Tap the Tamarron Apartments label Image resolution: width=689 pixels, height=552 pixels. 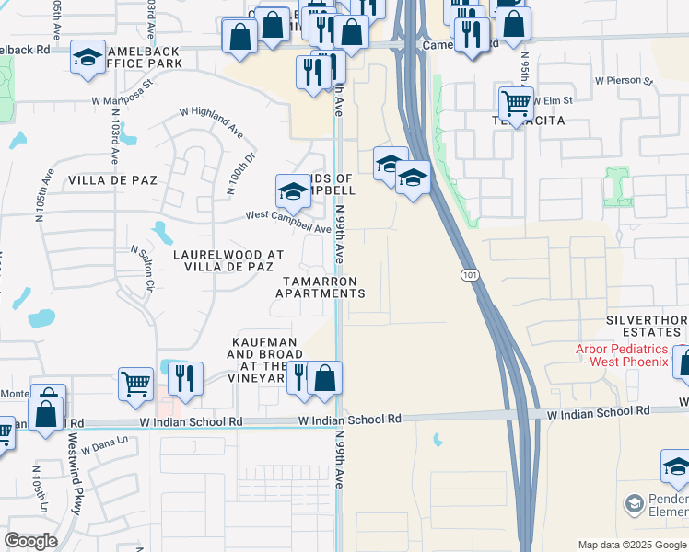(x=321, y=286)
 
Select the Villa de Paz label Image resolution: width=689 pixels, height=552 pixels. (x=102, y=182)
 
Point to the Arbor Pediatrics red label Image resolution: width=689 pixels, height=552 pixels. (x=622, y=355)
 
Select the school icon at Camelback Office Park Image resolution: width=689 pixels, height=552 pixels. (x=88, y=57)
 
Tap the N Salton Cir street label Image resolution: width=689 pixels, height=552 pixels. (x=140, y=268)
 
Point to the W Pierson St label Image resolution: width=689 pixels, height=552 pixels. (x=624, y=81)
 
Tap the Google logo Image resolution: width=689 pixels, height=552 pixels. (x=31, y=541)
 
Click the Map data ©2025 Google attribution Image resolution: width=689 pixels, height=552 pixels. (x=631, y=545)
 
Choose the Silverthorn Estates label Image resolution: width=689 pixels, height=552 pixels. (x=646, y=327)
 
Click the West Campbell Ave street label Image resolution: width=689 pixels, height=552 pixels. (x=287, y=222)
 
